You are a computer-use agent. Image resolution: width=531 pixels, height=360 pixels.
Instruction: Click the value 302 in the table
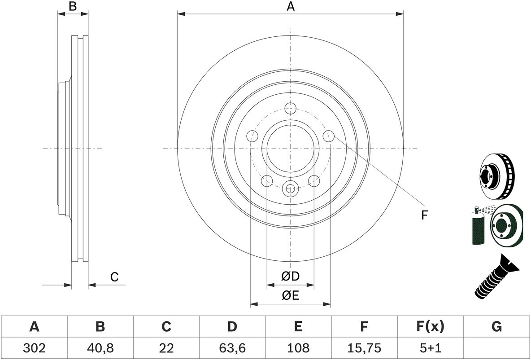click(x=34, y=348)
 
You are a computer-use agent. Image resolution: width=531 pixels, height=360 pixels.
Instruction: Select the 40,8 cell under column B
click(x=100, y=348)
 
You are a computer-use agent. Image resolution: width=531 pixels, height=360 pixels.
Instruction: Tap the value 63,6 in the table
click(x=232, y=348)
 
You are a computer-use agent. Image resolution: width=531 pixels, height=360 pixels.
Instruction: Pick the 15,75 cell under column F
click(x=364, y=348)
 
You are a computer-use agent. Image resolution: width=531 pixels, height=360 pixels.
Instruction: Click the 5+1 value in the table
click(x=430, y=348)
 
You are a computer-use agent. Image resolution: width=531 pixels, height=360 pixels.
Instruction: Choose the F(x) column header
click(x=430, y=327)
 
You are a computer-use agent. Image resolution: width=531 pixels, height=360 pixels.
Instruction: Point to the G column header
click(x=496, y=327)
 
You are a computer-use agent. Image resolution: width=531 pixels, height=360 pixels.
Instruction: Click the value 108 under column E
click(x=298, y=348)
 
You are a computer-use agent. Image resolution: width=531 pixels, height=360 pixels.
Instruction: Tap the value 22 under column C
click(x=166, y=348)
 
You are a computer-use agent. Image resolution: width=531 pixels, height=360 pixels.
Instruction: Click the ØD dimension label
click(x=290, y=277)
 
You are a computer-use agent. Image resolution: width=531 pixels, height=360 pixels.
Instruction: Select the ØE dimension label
click(x=290, y=295)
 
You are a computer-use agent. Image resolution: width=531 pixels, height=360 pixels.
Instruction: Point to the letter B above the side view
click(x=73, y=6)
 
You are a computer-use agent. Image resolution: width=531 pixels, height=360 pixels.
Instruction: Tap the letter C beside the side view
click(x=114, y=277)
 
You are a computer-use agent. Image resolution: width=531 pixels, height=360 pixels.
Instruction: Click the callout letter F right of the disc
click(x=424, y=215)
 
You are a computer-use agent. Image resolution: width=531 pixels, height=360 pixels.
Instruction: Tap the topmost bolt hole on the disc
click(x=291, y=108)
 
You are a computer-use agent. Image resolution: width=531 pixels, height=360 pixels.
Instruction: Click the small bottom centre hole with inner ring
click(x=291, y=189)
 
